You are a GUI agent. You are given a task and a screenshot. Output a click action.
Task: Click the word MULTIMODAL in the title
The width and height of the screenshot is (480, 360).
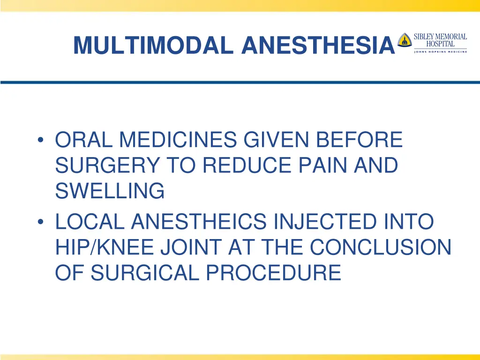[154, 45]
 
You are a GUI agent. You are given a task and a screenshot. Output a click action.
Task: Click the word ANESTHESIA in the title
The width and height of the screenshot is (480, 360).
[317, 45]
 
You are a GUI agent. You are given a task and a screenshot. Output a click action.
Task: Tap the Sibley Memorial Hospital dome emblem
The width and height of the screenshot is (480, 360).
[404, 40]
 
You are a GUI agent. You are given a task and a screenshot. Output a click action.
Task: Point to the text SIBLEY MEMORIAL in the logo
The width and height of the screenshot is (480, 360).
[440, 37]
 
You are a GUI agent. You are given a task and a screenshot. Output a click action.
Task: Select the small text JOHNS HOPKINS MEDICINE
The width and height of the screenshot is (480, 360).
[440, 52]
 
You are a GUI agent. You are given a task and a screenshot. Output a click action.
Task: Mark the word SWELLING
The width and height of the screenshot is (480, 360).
[110, 191]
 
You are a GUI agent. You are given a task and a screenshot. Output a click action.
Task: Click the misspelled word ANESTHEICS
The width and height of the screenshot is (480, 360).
[198, 222]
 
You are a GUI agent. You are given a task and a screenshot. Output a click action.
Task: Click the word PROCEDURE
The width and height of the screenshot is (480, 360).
[271, 272]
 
